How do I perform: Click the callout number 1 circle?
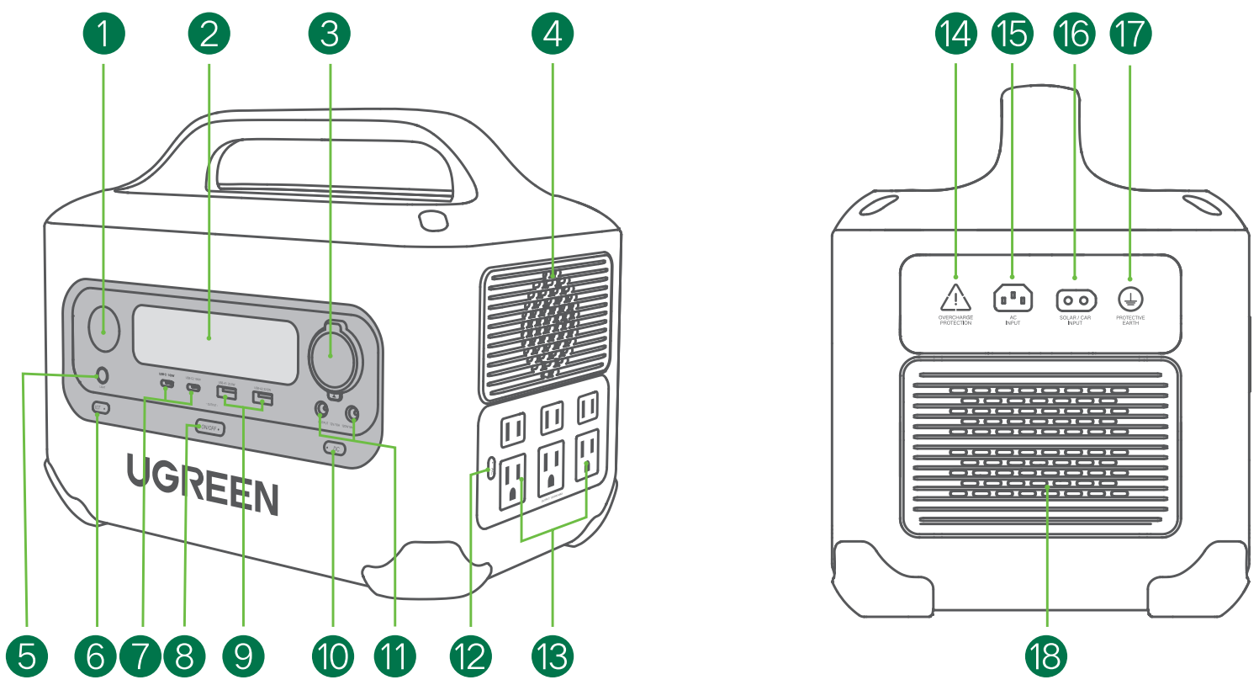pyautogui.click(x=103, y=35)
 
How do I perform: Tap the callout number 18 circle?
pyautogui.click(x=1046, y=656)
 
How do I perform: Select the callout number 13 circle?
pyautogui.click(x=553, y=656)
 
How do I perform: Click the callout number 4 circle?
pyautogui.click(x=553, y=35)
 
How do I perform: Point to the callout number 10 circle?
pyautogui.click(x=333, y=656)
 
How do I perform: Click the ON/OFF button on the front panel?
pyautogui.click(x=209, y=428)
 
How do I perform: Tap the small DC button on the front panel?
pyautogui.click(x=334, y=449)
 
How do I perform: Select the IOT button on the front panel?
pyautogui.click(x=101, y=408)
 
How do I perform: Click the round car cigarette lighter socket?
pyautogui.click(x=331, y=357)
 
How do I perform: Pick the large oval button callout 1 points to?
pyautogui.click(x=104, y=330)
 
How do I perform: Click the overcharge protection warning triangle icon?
pyautogui.click(x=955, y=298)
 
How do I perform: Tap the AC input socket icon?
pyautogui.click(x=1013, y=299)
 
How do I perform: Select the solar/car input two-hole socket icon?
pyautogui.click(x=1076, y=300)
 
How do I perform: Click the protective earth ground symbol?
pyautogui.click(x=1129, y=299)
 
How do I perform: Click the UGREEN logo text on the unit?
pyautogui.click(x=203, y=486)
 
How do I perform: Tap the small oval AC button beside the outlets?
pyautogui.click(x=490, y=467)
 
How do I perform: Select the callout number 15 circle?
pyautogui.click(x=1013, y=35)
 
